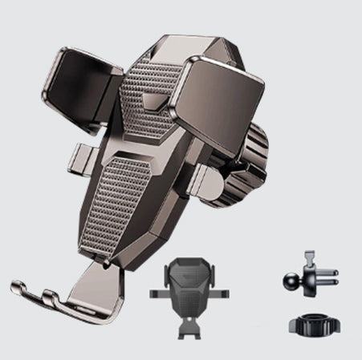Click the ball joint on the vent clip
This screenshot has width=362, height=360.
(290, 278)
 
